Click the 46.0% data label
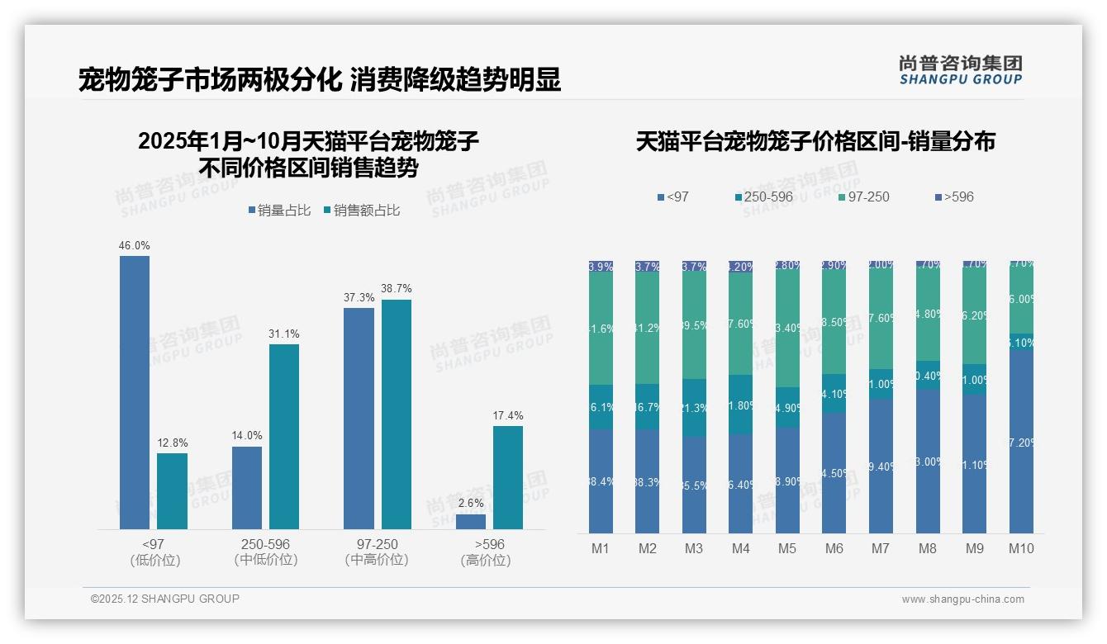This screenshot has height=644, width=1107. pyautogui.click(x=135, y=246)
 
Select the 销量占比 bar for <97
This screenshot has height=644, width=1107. pyautogui.click(x=135, y=392)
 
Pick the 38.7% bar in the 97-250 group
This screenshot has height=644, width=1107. pyautogui.click(x=397, y=414)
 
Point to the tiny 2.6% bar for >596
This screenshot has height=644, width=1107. pyautogui.click(x=471, y=522)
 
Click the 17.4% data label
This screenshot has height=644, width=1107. pyautogui.click(x=508, y=415)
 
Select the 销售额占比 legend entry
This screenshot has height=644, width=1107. pyautogui.click(x=363, y=211)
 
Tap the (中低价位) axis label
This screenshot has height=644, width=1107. pyautogui.click(x=265, y=560)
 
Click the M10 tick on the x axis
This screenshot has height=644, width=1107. pyautogui.click(x=1021, y=548)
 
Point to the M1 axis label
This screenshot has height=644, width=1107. pyautogui.click(x=601, y=548)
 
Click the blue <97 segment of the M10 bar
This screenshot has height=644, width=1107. pyautogui.click(x=1021, y=442)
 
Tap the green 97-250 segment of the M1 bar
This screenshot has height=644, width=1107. pyautogui.click(x=601, y=329)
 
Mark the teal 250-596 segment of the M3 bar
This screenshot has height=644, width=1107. pyautogui.click(x=694, y=408)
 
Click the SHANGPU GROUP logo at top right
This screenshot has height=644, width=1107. pyautogui.click(x=960, y=70)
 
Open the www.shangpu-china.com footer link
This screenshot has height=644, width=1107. pyautogui.click(x=962, y=599)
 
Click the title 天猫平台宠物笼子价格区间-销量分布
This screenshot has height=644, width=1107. pyautogui.click(x=815, y=141)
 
